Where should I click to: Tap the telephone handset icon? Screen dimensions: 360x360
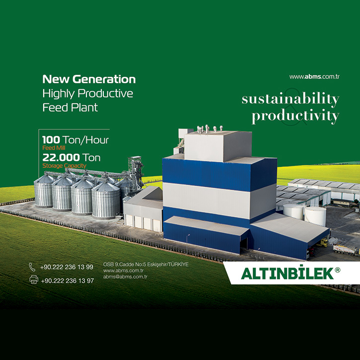pyautogui.click(x=32, y=267)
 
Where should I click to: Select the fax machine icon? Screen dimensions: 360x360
pyautogui.click(x=34, y=280)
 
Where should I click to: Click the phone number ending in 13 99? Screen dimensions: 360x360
pyautogui.click(x=67, y=267)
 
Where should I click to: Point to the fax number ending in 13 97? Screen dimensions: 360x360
pyautogui.click(x=67, y=281)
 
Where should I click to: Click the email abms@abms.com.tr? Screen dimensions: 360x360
pyautogui.click(x=125, y=277)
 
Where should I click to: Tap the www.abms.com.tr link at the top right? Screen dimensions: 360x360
pyautogui.click(x=314, y=76)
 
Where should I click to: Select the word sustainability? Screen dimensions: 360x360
pyautogui.click(x=290, y=99)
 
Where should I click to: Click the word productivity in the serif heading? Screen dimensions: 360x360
pyautogui.click(x=295, y=116)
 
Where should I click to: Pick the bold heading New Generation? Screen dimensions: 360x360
pyautogui.click(x=89, y=79)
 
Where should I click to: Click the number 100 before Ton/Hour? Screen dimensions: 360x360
pyautogui.click(x=51, y=140)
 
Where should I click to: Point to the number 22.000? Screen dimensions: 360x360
pyautogui.click(x=61, y=157)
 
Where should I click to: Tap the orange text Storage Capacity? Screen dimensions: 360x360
pyautogui.click(x=64, y=165)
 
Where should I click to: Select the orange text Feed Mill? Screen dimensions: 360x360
pyautogui.click(x=54, y=148)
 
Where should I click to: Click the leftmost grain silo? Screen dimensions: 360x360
pyautogui.click(x=43, y=191)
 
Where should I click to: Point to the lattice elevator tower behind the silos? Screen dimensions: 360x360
pyautogui.click(x=136, y=172)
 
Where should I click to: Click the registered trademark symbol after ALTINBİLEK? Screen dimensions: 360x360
pyautogui.click(x=337, y=270)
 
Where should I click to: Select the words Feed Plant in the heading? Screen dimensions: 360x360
pyautogui.click(x=70, y=107)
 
